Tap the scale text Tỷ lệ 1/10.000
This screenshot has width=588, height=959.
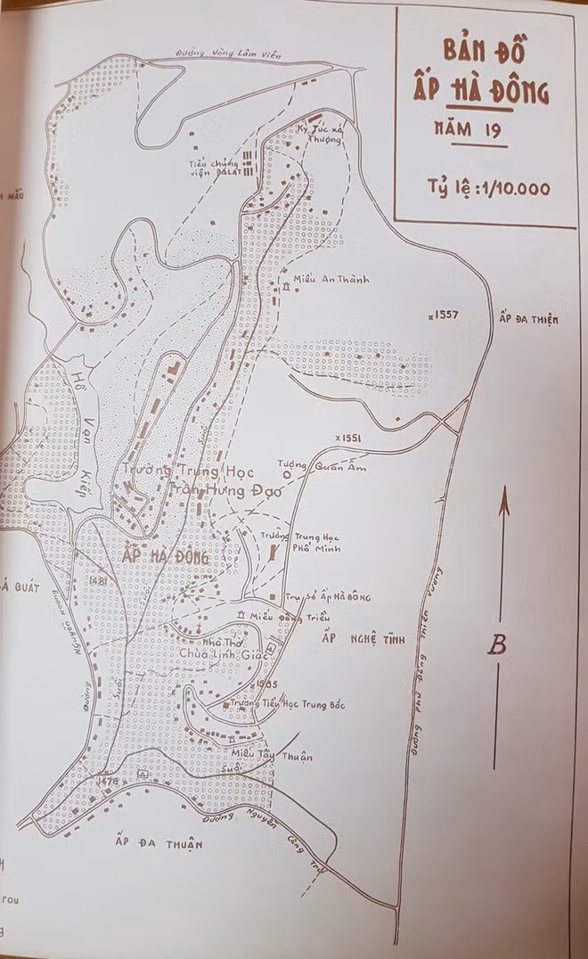(487, 188)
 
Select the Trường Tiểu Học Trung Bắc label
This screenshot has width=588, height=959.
(274, 704)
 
